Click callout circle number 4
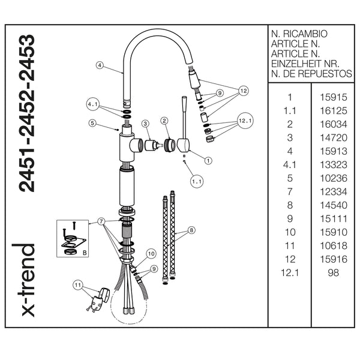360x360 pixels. [x=100, y=65]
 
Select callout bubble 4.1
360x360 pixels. [x=92, y=104]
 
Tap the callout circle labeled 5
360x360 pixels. [x=92, y=124]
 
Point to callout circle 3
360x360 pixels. [x=145, y=123]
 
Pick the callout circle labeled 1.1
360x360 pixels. [x=196, y=180]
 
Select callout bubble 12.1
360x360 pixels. [x=245, y=120]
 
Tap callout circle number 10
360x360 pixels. [x=151, y=253]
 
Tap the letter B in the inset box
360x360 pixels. [x=85, y=253]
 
